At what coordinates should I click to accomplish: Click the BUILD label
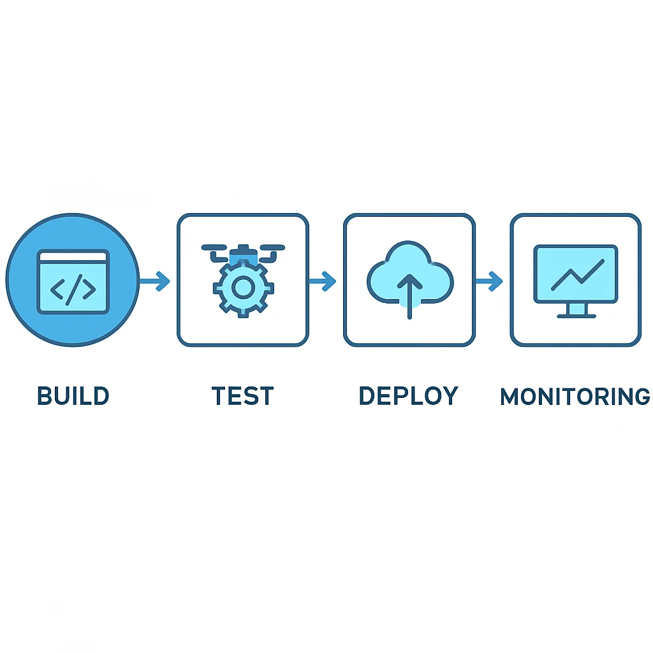click(73, 395)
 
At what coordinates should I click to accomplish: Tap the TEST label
click(242, 395)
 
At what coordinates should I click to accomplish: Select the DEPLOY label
click(409, 395)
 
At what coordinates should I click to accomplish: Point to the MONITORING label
click(575, 397)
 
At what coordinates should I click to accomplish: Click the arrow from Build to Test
click(154, 281)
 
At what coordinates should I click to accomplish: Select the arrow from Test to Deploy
click(322, 281)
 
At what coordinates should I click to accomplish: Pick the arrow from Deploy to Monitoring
click(489, 281)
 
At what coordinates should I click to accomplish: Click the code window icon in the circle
click(73, 281)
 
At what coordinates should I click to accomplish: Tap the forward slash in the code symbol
click(74, 290)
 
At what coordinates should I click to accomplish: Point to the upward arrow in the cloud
click(410, 296)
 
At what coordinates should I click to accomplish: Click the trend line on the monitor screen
click(578, 275)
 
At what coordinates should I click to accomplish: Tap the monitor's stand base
click(576, 316)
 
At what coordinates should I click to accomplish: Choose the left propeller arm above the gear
click(216, 253)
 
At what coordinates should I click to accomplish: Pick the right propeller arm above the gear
click(270, 253)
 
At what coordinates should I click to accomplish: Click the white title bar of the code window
click(73, 256)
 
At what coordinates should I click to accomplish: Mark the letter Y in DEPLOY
click(450, 395)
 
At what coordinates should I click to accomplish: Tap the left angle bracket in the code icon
click(57, 290)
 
